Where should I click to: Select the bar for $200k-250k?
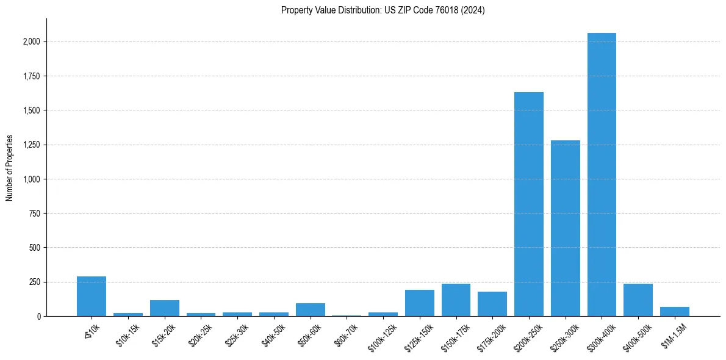(528, 204)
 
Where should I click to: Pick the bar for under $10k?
(92, 297)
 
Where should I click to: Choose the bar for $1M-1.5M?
(674, 312)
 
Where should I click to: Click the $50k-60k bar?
(310, 310)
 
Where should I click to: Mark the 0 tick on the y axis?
(39, 317)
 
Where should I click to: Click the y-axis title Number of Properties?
(10, 168)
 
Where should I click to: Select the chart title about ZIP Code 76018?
(383, 10)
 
